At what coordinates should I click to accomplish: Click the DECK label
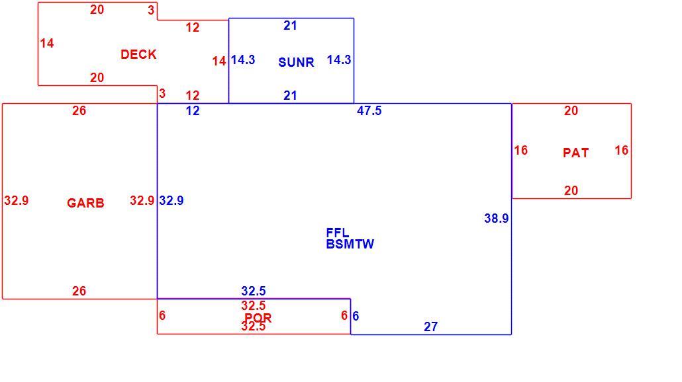point(138,54)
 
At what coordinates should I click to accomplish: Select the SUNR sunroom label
point(296,62)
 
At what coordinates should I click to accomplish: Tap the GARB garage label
point(85,203)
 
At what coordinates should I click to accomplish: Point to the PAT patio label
point(576,153)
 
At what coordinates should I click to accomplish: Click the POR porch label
point(258,317)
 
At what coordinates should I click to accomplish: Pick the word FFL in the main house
point(338,233)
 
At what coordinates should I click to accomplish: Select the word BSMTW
point(350,244)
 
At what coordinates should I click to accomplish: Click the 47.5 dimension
point(369,110)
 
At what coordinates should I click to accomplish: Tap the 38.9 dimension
point(497,218)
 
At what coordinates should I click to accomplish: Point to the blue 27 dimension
point(430,326)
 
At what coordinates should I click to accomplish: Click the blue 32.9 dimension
point(171,200)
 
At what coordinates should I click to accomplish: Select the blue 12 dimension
point(193,110)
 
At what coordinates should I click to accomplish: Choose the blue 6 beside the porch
point(356,316)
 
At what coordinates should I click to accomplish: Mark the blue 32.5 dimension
point(254,291)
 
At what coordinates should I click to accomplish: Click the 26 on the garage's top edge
point(79,110)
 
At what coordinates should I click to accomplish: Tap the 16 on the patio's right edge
point(622,150)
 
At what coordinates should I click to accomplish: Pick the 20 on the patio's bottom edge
point(571,190)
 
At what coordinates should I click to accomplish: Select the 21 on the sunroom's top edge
point(290,26)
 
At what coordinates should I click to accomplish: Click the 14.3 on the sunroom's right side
point(339,60)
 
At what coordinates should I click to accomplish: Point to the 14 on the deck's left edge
point(47,44)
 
